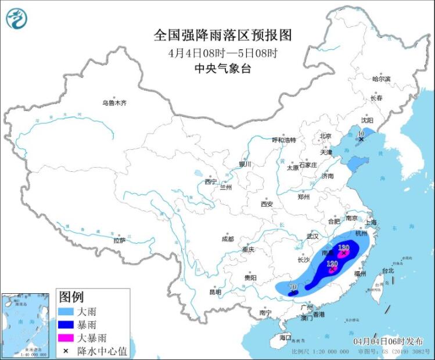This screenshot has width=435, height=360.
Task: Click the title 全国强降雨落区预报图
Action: (222, 35)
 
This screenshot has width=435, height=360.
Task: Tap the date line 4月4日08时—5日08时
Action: (222, 52)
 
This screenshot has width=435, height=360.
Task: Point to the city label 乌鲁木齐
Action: (114, 103)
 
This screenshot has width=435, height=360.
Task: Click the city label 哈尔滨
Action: (381, 78)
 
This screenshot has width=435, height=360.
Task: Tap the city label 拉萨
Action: (119, 240)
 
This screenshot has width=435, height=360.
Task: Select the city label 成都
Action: (227, 239)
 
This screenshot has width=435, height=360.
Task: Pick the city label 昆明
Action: (215, 292)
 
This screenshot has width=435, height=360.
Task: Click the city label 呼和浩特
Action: (284, 140)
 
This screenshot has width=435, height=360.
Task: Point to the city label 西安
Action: (267, 204)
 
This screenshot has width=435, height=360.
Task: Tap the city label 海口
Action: (285, 337)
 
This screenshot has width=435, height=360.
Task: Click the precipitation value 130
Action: (343, 248)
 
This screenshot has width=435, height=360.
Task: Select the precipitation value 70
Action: (293, 287)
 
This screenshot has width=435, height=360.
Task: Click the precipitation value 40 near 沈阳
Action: (361, 134)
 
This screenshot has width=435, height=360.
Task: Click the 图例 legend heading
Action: (72, 297)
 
